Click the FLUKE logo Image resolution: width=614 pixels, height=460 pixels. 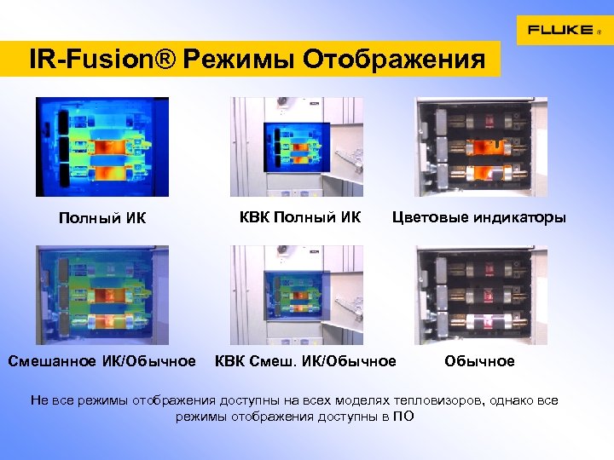(x=559, y=30)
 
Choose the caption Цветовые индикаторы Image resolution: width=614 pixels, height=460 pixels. (x=478, y=217)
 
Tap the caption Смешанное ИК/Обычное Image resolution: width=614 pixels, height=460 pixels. (x=102, y=361)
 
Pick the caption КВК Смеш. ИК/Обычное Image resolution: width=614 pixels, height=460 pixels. (x=305, y=361)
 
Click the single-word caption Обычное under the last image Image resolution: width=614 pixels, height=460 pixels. (x=479, y=361)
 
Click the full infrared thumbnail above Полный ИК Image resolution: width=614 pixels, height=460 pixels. (x=102, y=147)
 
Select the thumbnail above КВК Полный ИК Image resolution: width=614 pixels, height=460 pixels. (x=297, y=147)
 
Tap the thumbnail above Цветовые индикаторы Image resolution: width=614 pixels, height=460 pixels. (x=481, y=147)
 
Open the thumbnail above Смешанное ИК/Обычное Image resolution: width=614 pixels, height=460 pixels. (x=102, y=295)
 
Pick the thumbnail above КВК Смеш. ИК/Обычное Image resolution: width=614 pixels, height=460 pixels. (x=297, y=295)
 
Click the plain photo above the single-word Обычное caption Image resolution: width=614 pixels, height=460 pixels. (x=481, y=295)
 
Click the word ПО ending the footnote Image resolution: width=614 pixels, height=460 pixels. (x=403, y=417)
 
